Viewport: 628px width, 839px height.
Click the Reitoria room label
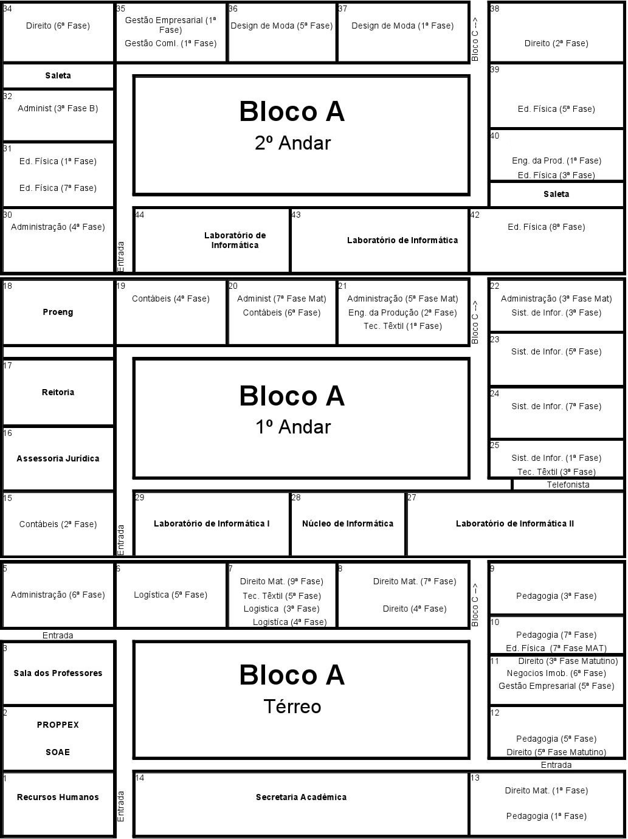point(58,392)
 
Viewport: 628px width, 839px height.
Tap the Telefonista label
point(568,485)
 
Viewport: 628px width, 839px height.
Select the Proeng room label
point(58,312)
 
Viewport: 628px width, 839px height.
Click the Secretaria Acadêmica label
point(301,797)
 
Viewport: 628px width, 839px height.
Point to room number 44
point(139,215)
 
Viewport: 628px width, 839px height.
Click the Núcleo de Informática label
point(348,523)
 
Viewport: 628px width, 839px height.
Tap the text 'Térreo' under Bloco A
point(292,706)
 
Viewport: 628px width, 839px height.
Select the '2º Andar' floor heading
point(293,143)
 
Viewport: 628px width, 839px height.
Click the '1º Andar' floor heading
point(293,427)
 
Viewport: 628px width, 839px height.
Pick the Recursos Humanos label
point(58,797)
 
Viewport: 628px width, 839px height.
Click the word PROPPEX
point(58,725)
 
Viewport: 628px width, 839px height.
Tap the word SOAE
point(58,752)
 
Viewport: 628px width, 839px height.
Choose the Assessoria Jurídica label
point(58,458)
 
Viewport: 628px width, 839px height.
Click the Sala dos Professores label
point(58,673)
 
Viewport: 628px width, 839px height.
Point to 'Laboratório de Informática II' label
point(515,523)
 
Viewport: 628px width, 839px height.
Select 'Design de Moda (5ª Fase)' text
point(281,26)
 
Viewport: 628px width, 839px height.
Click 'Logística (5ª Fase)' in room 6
point(170,595)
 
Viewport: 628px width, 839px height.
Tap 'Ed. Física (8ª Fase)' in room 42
point(546,227)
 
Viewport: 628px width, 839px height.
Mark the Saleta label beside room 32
point(58,75)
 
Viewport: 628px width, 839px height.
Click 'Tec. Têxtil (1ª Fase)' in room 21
point(402,326)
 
